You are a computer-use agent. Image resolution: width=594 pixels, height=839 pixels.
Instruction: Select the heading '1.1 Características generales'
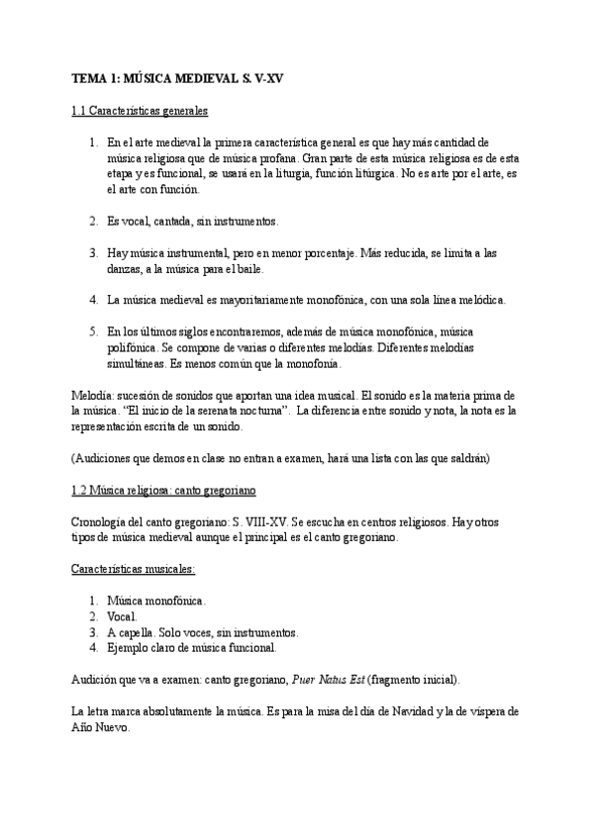[140, 110]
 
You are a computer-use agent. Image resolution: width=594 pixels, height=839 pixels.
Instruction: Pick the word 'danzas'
[125, 268]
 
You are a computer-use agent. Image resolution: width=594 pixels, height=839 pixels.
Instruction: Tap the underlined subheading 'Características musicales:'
[134, 569]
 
